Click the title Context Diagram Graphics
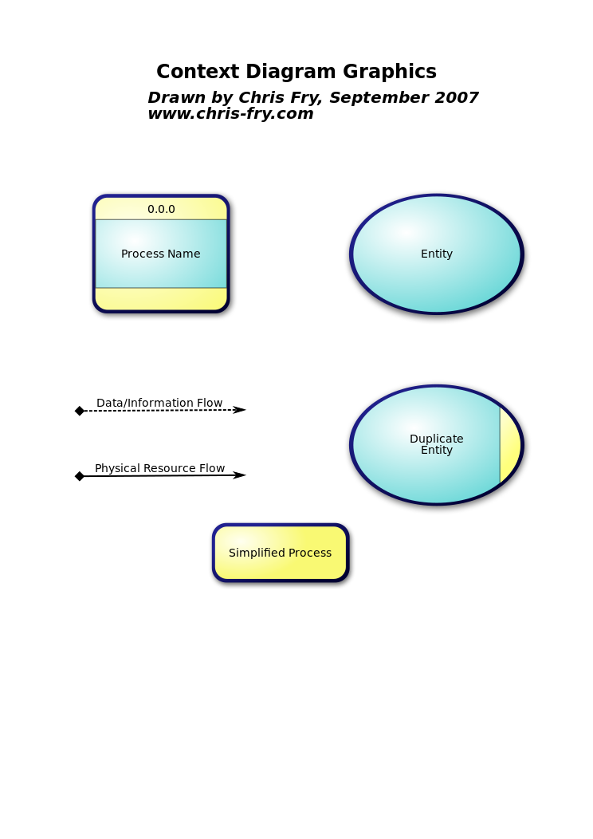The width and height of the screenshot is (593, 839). (296, 72)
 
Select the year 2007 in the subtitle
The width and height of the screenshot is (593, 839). (458, 97)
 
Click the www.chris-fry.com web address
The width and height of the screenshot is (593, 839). (230, 114)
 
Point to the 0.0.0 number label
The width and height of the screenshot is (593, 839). (161, 209)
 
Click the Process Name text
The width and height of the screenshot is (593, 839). (160, 254)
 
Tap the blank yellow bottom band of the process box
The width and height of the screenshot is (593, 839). (161, 298)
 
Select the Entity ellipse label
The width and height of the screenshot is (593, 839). (436, 254)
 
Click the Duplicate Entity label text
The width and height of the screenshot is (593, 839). (436, 444)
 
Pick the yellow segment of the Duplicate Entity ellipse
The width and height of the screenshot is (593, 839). (509, 445)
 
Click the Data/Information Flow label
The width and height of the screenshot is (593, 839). (159, 403)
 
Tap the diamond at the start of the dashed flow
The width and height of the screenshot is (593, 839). (80, 411)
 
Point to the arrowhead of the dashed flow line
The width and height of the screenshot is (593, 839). (239, 410)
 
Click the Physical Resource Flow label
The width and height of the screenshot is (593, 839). (160, 468)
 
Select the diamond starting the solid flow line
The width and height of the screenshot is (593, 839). (80, 476)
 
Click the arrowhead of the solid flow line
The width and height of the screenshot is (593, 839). (239, 475)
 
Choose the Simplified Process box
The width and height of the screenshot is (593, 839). (281, 553)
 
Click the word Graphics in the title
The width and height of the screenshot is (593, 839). (390, 72)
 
